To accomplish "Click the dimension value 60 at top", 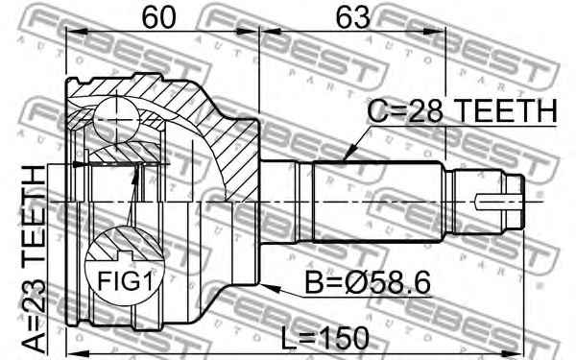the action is [x=158, y=18].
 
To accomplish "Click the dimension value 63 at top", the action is [x=353, y=18].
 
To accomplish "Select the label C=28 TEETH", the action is [x=463, y=110].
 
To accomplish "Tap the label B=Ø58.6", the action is [x=368, y=282].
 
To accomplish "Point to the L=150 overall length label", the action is [x=324, y=338].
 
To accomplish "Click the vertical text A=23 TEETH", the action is [x=34, y=259].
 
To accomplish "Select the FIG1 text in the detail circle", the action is [x=125, y=281].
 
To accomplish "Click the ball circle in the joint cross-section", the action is [x=116, y=120].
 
